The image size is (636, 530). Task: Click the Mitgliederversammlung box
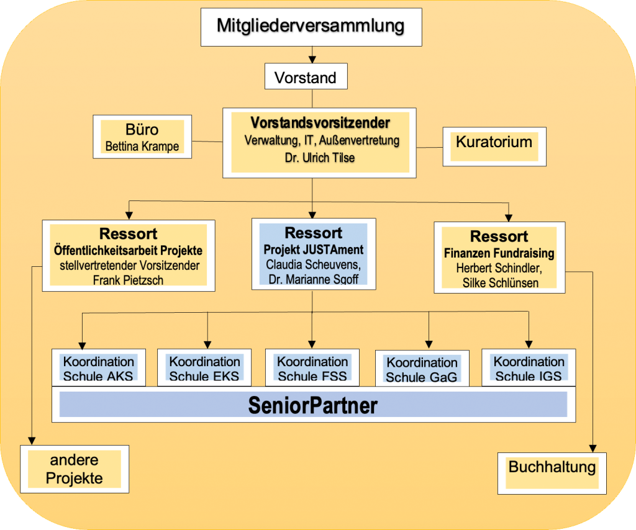pyautogui.click(x=310, y=27)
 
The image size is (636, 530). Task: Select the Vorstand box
pyautogui.click(x=305, y=78)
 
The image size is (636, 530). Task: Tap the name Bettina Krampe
pyautogui.click(x=142, y=147)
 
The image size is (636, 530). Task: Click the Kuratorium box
pyautogui.click(x=494, y=142)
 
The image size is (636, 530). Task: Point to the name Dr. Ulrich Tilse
pyautogui.click(x=320, y=158)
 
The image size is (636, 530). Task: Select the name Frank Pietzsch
pyautogui.click(x=128, y=279)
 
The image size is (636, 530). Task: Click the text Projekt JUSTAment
pyautogui.click(x=314, y=249)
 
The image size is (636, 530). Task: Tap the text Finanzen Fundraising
pyautogui.click(x=499, y=253)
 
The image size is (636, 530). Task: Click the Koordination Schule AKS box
pyautogui.click(x=98, y=368)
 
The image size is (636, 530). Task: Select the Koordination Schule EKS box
pyautogui.click(x=204, y=368)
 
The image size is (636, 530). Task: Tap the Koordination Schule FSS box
pyautogui.click(x=312, y=368)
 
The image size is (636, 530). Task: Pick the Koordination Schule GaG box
pyautogui.click(x=422, y=369)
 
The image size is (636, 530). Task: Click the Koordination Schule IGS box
pyautogui.click(x=529, y=368)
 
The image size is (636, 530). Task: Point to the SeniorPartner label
pyautogui.click(x=313, y=405)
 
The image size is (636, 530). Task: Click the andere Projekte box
pyautogui.click(x=75, y=469)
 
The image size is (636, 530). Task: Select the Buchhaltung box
pyautogui.click(x=552, y=467)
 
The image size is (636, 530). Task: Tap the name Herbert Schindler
pyautogui.click(x=499, y=268)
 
